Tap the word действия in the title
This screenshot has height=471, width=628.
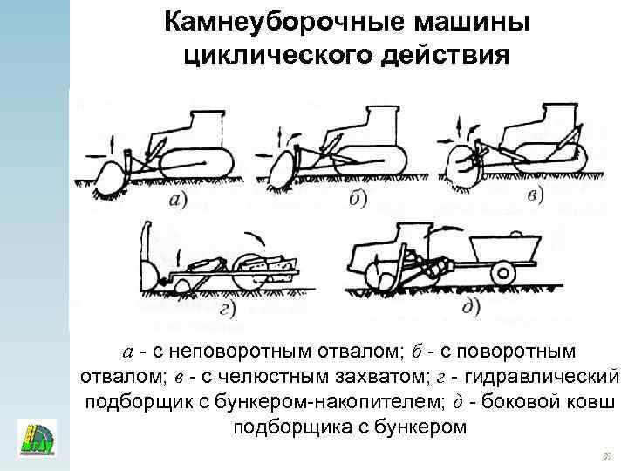click(446, 55)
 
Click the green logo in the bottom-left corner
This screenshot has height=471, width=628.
click(36, 439)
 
